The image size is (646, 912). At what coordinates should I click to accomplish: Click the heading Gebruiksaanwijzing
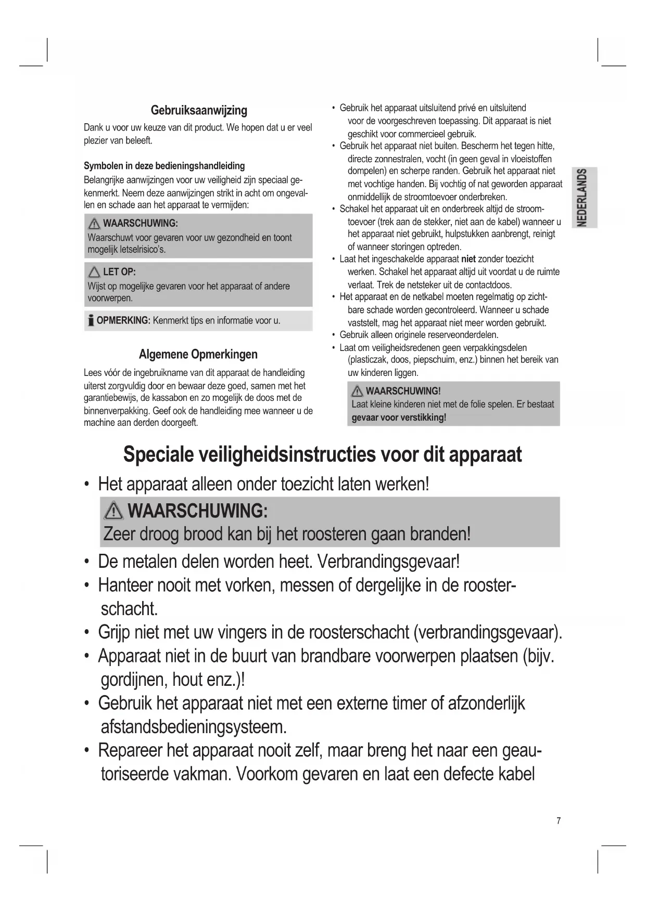199,110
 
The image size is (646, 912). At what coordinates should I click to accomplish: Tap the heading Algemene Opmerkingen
198,355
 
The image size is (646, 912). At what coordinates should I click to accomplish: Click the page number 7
559,821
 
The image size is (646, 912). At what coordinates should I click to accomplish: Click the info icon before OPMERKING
91,320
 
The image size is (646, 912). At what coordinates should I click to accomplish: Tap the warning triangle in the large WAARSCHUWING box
113,512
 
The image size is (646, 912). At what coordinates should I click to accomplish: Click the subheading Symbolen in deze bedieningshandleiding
164,166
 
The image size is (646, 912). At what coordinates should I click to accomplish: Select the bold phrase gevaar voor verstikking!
399,418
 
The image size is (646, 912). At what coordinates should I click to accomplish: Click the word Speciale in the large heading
158,454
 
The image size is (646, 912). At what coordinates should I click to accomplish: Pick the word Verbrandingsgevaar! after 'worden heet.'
388,562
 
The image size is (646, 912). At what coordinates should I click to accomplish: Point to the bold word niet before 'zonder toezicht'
468,259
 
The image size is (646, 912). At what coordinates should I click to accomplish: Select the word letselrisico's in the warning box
142,250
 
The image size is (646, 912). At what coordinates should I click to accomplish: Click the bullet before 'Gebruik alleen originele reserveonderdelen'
333,335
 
